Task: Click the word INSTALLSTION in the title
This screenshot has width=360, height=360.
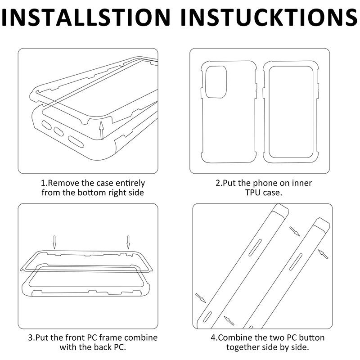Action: tap(86, 17)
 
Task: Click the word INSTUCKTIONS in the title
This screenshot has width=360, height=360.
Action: tap(269, 17)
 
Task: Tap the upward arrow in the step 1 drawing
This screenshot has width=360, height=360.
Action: tap(102, 130)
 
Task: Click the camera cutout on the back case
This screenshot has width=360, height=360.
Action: tap(216, 82)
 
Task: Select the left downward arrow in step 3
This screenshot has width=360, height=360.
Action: tap(54, 242)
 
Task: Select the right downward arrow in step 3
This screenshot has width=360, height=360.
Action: tap(128, 242)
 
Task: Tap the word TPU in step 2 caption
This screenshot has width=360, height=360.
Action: tap(253, 193)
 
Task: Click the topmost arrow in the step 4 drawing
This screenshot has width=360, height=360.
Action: tap(295, 231)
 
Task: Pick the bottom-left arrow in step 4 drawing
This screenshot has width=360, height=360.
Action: tap(200, 298)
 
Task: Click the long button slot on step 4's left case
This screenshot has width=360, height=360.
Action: tap(255, 247)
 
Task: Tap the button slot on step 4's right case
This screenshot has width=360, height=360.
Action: tap(296, 261)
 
